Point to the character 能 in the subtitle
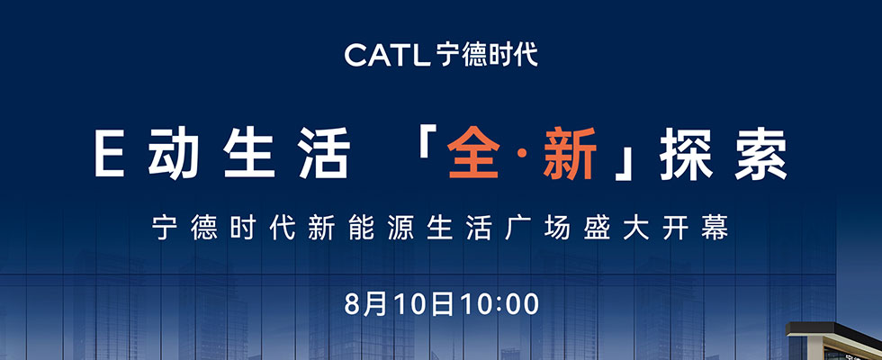tap(361, 229)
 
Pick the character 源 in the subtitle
tap(401, 229)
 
